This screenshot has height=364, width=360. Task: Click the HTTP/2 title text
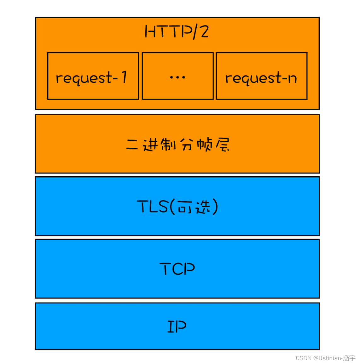[x=177, y=32]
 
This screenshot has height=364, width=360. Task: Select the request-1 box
[x=93, y=76]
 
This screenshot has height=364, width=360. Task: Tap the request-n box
[x=261, y=76]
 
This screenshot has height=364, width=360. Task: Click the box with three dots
[x=177, y=76]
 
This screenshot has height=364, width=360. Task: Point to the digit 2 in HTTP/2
[x=204, y=32]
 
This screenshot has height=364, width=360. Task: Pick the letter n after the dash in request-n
[x=293, y=78]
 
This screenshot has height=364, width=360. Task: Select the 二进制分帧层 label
[x=177, y=145]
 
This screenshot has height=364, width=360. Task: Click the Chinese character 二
[x=132, y=145]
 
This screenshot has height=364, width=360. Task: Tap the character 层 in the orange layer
[x=223, y=145]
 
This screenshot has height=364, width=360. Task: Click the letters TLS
[x=152, y=207]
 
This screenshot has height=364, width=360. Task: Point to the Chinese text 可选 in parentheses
[x=194, y=207]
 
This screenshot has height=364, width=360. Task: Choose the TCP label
[x=177, y=269]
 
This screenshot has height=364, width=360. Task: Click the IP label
[x=177, y=327]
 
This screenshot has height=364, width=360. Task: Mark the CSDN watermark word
[x=303, y=358]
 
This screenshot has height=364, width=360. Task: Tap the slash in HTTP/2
[x=196, y=32]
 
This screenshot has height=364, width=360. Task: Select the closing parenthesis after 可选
[x=215, y=207]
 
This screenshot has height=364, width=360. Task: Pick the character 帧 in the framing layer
[x=204, y=145]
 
